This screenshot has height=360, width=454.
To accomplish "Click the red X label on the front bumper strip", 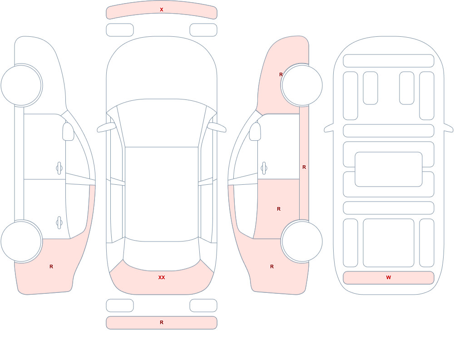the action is (x=162, y=10).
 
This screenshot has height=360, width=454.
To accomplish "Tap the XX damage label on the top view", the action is (x=162, y=277).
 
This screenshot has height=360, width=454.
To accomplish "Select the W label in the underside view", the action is (x=389, y=277).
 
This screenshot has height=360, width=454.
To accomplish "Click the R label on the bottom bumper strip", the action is (x=162, y=322).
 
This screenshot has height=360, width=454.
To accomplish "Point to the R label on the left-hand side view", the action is (x=51, y=266).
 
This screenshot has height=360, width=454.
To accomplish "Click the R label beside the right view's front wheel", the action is (x=281, y=74).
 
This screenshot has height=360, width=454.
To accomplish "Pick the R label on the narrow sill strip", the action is (x=304, y=167).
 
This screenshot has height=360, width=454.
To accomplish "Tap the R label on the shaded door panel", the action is (x=279, y=209).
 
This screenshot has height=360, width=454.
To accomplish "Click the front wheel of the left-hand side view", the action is (x=21, y=85).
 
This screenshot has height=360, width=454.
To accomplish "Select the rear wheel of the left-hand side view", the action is (x=21, y=242).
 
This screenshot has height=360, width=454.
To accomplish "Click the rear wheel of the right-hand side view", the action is (x=302, y=242).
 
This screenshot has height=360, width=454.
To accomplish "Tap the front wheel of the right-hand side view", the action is (x=302, y=85).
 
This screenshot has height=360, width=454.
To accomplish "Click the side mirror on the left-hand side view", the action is (x=68, y=132).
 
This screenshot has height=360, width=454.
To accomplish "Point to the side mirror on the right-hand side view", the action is (x=255, y=132).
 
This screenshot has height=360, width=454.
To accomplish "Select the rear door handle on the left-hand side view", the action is (x=59, y=223).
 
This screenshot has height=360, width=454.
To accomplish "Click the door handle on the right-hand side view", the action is (x=264, y=168).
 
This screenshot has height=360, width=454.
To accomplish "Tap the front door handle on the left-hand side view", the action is (x=59, y=168).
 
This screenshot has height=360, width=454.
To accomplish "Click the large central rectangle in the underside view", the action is (x=389, y=169).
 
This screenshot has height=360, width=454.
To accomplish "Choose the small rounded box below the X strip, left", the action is (x=120, y=30).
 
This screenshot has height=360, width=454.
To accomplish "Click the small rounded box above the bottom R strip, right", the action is (x=203, y=306).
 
